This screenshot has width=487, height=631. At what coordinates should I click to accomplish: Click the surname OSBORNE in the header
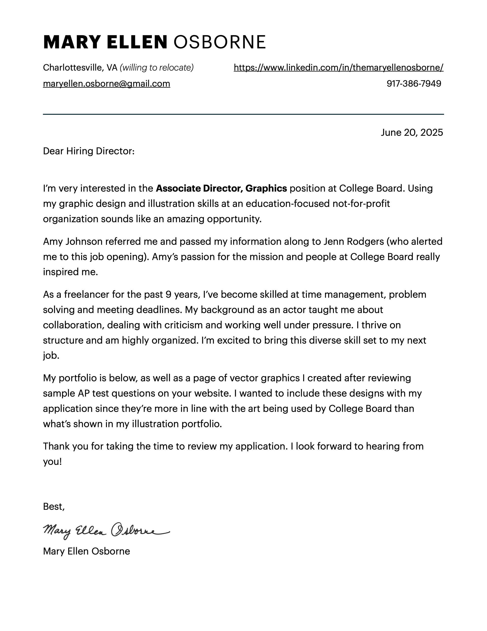click(219, 42)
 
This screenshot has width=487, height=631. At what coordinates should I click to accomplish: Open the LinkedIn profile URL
click(338, 68)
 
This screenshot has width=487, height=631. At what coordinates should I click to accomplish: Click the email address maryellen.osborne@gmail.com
click(107, 84)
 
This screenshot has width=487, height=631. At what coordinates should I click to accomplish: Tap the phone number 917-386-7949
click(414, 84)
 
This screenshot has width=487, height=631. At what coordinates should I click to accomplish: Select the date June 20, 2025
click(412, 133)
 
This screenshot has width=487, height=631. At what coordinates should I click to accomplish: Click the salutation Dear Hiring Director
click(89, 151)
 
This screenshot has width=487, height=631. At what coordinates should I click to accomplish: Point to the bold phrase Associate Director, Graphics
click(221, 188)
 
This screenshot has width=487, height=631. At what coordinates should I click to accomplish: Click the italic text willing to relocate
click(156, 68)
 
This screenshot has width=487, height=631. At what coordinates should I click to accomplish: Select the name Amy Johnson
click(73, 241)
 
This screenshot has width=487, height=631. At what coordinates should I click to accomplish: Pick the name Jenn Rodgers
click(354, 241)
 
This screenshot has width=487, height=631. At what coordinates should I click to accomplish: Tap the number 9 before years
click(168, 294)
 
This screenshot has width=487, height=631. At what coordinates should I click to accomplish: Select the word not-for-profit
click(361, 204)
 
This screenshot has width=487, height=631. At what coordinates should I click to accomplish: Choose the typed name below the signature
click(86, 551)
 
